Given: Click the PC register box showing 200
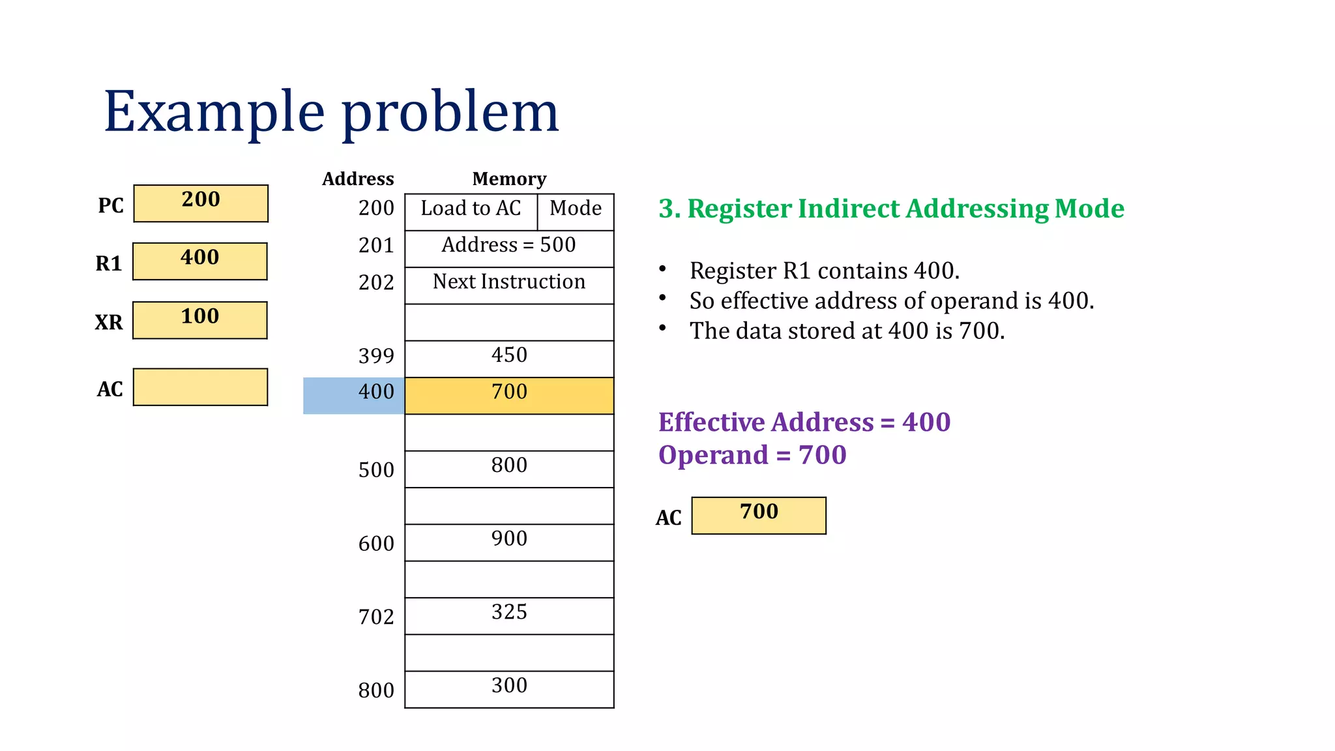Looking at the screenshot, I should (201, 203).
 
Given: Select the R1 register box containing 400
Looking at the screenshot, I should (200, 261).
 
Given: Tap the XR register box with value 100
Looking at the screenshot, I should (200, 320).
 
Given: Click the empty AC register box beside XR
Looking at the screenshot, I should (200, 387).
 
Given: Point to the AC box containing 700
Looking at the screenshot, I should (759, 516).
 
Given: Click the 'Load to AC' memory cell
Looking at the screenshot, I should (471, 212).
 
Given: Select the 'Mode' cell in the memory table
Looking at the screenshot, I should (576, 212).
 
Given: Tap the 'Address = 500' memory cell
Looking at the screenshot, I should (509, 248).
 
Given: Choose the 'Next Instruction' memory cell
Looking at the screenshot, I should (509, 286).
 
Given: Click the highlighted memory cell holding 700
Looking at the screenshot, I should (509, 396).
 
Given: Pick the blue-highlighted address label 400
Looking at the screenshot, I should (354, 396).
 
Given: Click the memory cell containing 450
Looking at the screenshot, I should (509, 359).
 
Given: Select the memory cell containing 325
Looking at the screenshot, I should (509, 615).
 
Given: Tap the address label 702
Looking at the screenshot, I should (376, 617).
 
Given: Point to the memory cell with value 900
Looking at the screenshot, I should (509, 542).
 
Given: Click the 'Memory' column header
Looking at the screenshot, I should (509, 179).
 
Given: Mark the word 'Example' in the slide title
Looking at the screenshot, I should (214, 112).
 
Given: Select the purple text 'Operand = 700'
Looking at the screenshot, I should (752, 455).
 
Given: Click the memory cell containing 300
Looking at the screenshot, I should (509, 689).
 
